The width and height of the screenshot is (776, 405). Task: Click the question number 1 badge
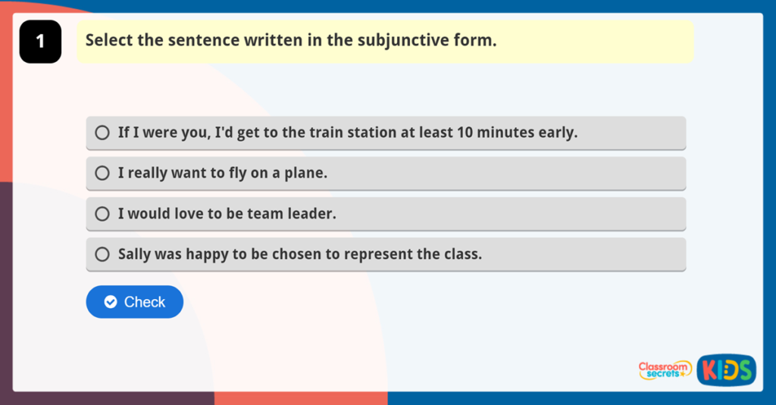(x=40, y=42)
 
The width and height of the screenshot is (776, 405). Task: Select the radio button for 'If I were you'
(x=102, y=133)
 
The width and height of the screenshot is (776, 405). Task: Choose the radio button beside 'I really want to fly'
(x=102, y=173)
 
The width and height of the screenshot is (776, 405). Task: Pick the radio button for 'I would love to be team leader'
(x=102, y=214)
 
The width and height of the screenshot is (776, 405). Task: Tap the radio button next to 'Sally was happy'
(x=102, y=254)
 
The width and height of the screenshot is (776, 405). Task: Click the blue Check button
(x=135, y=302)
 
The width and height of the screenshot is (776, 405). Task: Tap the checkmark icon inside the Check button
(x=111, y=302)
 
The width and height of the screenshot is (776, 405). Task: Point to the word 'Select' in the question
(x=109, y=40)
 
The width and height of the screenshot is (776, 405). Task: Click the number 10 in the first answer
(x=465, y=132)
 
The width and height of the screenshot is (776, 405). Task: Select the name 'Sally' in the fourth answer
(x=134, y=254)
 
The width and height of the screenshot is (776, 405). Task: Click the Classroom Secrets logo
(x=665, y=369)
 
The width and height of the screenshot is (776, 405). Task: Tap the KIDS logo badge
(x=726, y=370)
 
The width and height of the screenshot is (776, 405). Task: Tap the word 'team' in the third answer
(x=264, y=214)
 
